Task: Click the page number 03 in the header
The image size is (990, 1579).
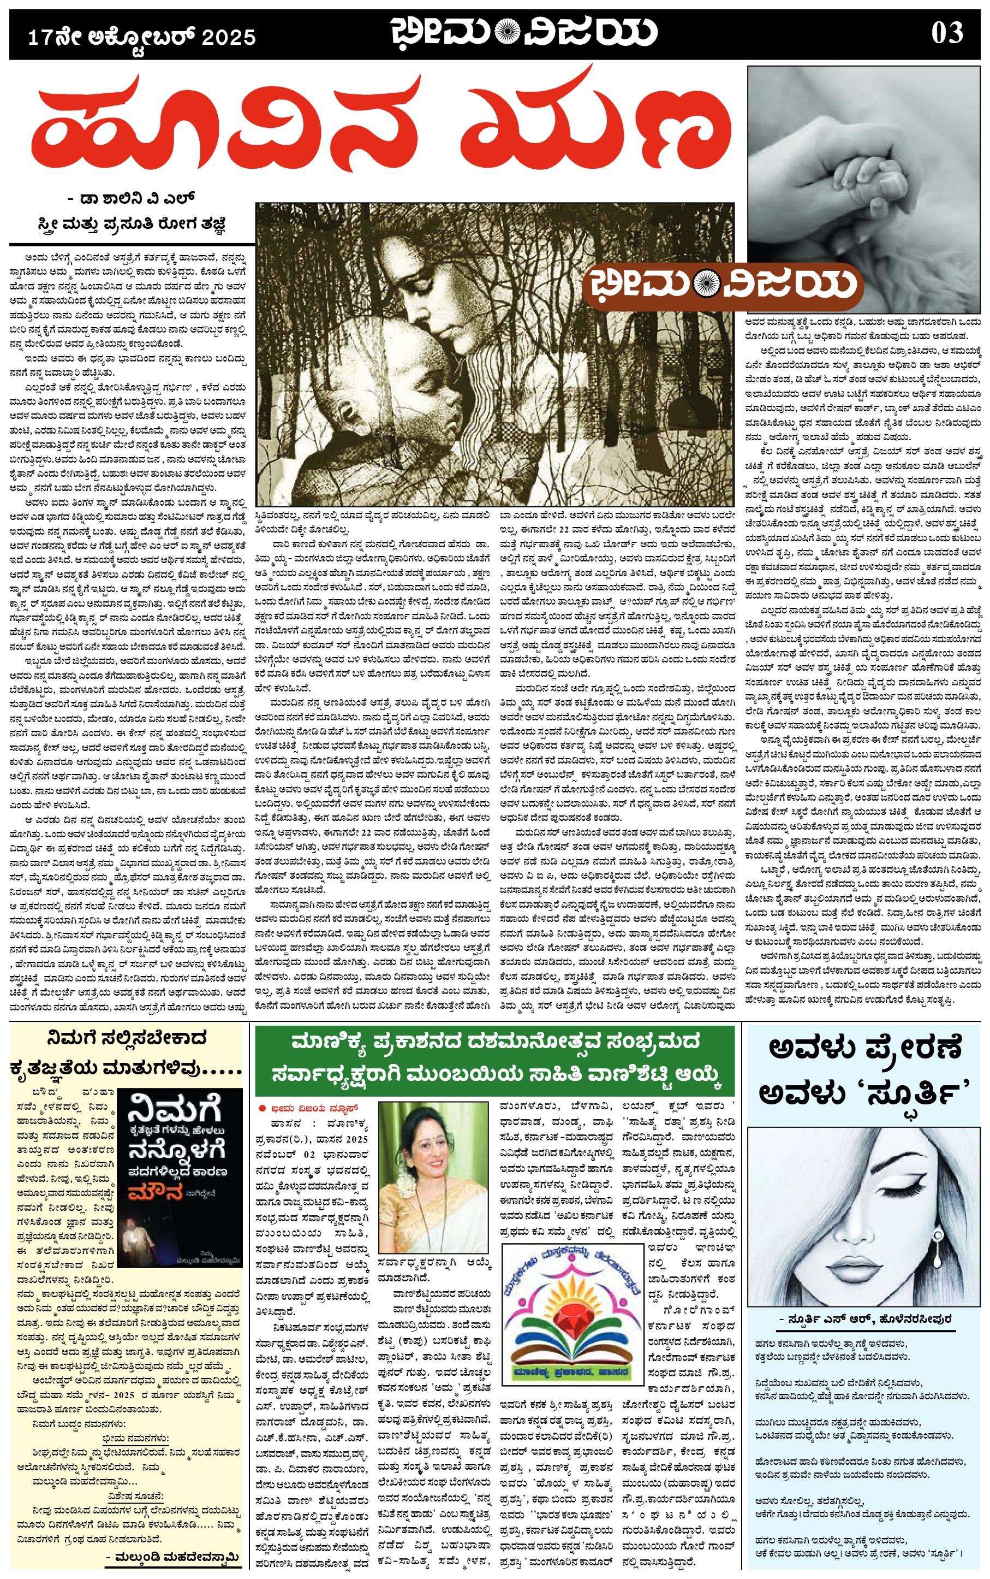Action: [x=947, y=33]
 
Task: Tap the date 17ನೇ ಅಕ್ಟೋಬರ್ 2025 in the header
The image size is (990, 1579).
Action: [x=141, y=37]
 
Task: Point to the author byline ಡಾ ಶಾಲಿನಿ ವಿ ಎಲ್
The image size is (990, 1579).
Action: [x=131, y=198]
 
